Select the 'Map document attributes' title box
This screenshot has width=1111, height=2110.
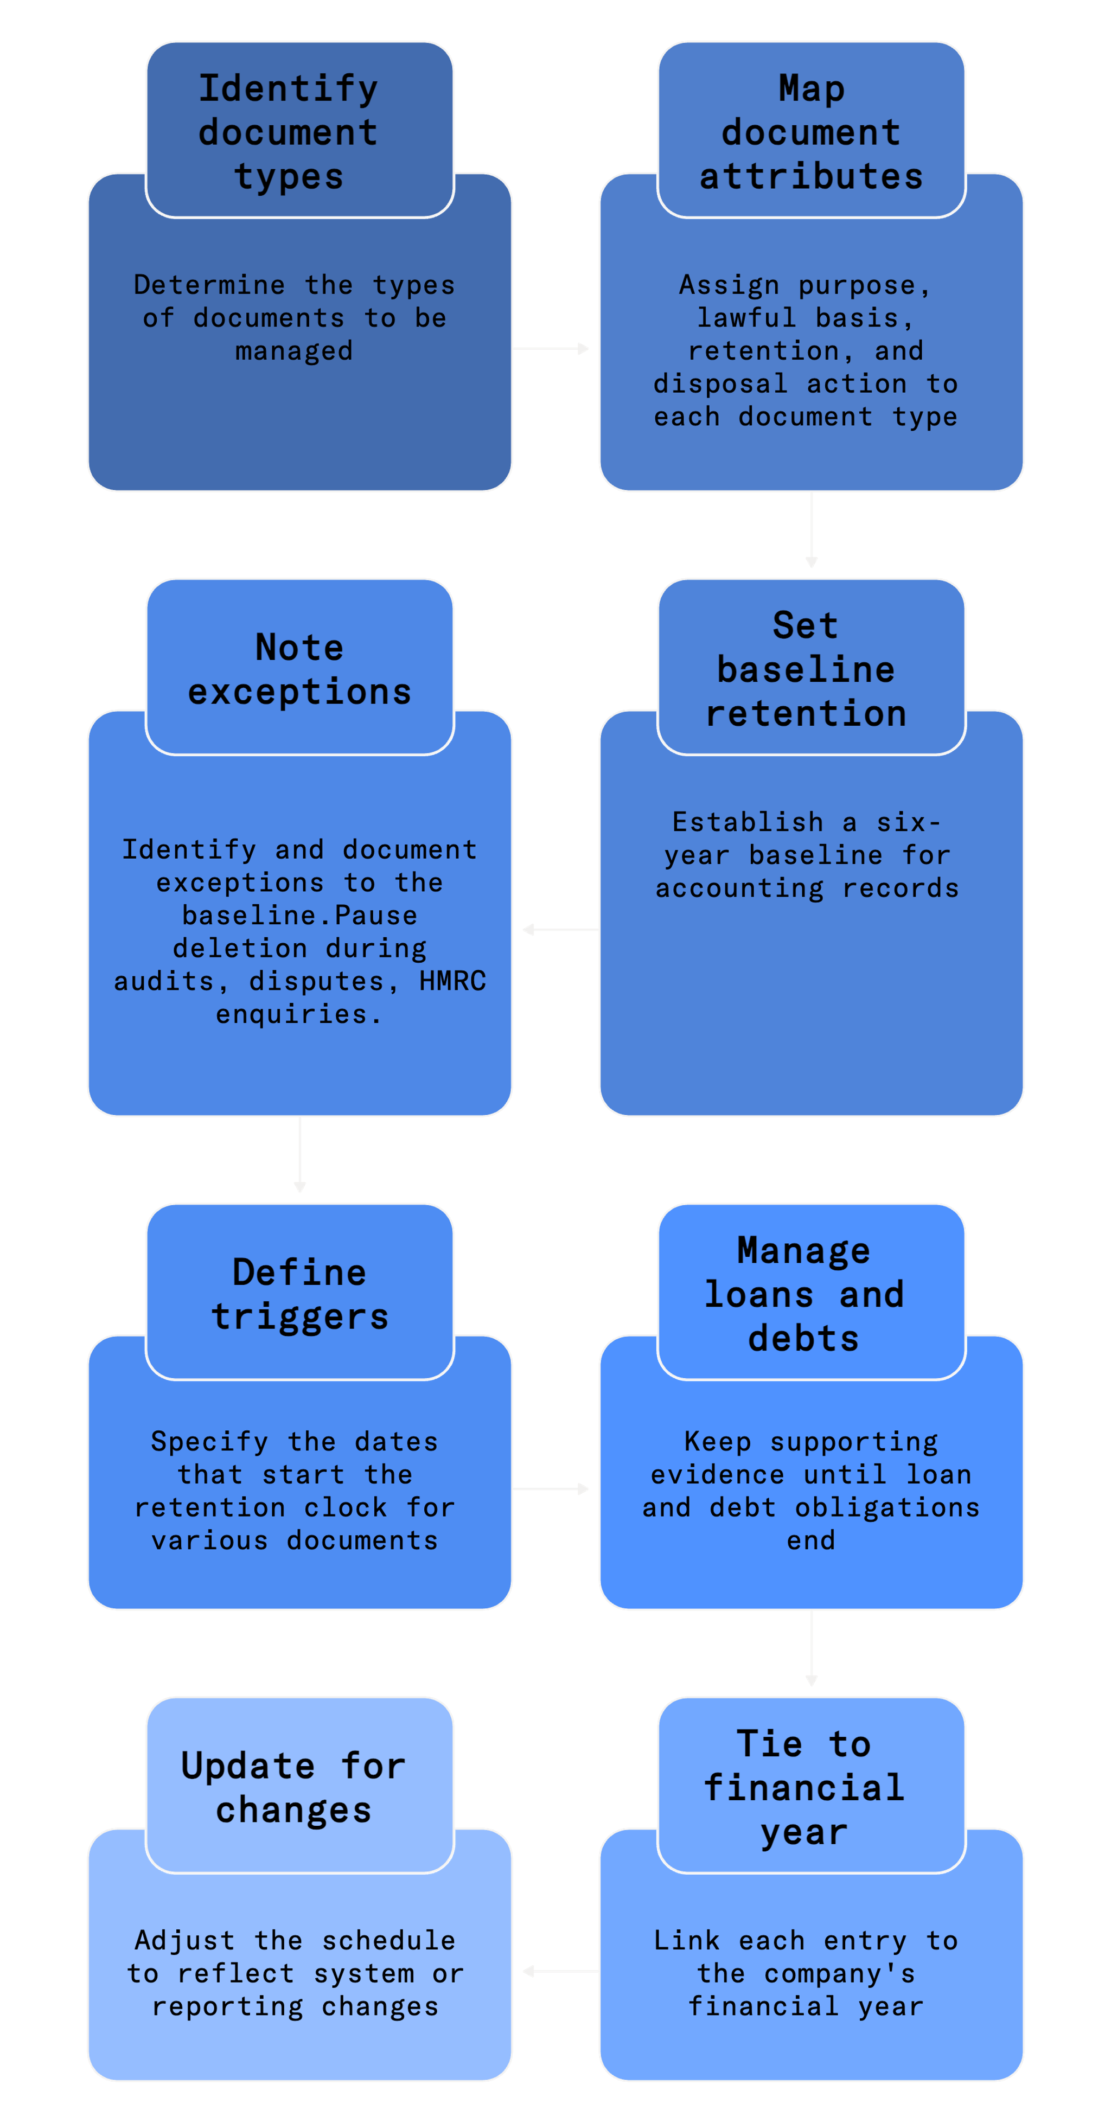tap(811, 131)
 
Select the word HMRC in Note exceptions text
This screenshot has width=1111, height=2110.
tap(452, 981)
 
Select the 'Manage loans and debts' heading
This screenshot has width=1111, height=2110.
tap(804, 1294)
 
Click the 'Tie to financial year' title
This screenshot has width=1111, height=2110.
tap(804, 1787)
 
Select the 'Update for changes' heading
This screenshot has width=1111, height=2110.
tap(293, 1787)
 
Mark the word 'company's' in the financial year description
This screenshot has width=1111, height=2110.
tap(840, 1974)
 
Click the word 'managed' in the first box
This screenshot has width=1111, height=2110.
tap(294, 351)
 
